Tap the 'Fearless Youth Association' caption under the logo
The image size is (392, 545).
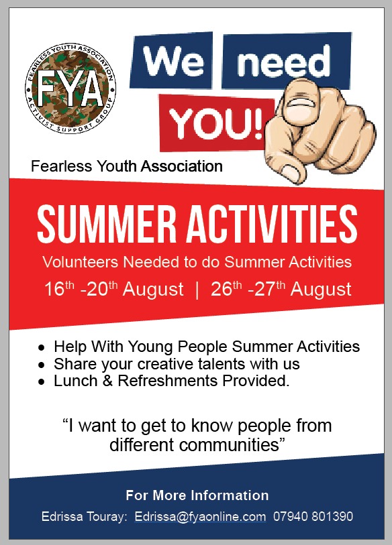(127, 166)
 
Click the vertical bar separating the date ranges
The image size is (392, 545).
(196, 290)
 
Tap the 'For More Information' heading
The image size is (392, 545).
(197, 495)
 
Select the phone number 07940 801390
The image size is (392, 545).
(313, 517)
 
